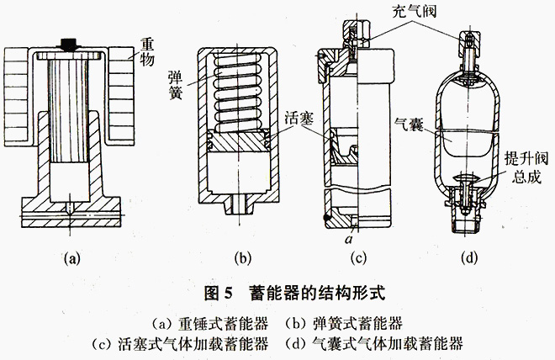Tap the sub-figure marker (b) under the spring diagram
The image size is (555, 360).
pos(233,259)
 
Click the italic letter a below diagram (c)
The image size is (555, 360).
pos(346,239)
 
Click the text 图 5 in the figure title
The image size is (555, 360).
pos(219,294)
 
